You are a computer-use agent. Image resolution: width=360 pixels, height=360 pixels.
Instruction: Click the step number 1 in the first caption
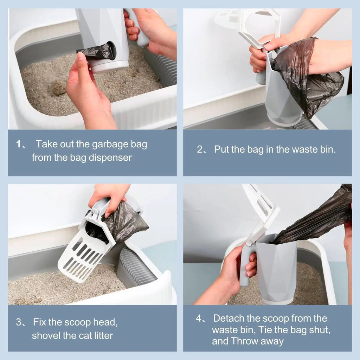(x=19, y=144)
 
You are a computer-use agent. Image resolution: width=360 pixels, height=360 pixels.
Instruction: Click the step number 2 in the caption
(x=200, y=149)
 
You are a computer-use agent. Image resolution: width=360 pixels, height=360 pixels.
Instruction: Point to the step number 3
(x=19, y=322)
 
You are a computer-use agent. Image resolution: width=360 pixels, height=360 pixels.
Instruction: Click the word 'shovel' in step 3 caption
(x=46, y=335)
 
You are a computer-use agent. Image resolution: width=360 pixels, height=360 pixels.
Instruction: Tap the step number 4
(x=199, y=319)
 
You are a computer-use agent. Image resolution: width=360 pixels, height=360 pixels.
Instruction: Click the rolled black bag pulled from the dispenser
(x=96, y=52)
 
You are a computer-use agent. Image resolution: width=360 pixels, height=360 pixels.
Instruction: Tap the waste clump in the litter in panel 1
(x=58, y=88)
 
